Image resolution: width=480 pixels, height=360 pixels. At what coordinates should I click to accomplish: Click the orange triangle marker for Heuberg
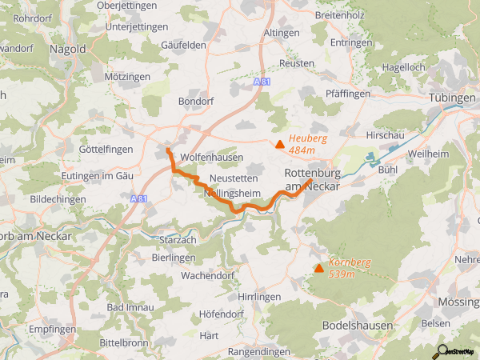279,145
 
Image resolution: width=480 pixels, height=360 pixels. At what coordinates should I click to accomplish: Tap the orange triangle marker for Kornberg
319,268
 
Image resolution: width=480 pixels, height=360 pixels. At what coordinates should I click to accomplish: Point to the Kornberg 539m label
349,267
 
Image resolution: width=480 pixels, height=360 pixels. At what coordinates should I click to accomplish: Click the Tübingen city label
452,98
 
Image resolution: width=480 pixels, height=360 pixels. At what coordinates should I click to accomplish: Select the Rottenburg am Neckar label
312,179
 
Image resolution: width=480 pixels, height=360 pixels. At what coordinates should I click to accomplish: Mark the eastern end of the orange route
310,181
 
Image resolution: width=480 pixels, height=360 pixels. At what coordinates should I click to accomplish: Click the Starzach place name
178,239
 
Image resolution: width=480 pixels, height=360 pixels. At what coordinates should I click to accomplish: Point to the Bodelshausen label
357,326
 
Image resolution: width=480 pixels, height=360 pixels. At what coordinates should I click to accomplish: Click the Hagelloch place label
405,68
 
